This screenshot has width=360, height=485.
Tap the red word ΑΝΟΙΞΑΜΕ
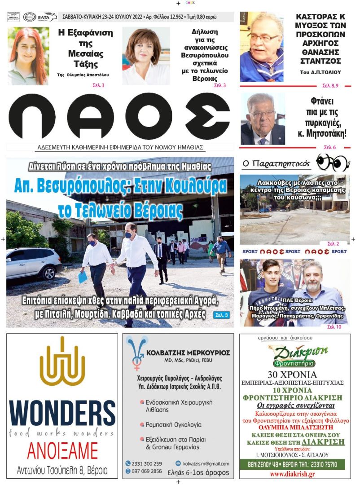pos(62,450)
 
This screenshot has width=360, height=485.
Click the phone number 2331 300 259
pos(146,463)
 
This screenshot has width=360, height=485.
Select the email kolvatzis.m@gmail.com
pos(206,463)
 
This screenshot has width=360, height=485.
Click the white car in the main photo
pos(34,263)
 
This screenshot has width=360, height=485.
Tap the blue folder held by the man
pos(83,277)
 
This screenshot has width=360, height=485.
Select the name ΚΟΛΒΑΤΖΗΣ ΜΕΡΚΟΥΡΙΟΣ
pos(191,353)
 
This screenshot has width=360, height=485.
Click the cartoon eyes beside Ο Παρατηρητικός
pos(332,162)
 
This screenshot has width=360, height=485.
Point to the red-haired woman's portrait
pos(28,56)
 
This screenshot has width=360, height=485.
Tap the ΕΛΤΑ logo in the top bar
pos(47,17)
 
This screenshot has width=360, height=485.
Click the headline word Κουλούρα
pos(194,185)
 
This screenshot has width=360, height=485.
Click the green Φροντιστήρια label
pos(294,363)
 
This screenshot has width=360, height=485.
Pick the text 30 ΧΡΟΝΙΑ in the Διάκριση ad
pos(292,375)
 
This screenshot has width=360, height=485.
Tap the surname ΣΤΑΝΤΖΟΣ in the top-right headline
pos(319,61)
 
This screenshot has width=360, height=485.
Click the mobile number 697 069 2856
pos(146,471)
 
